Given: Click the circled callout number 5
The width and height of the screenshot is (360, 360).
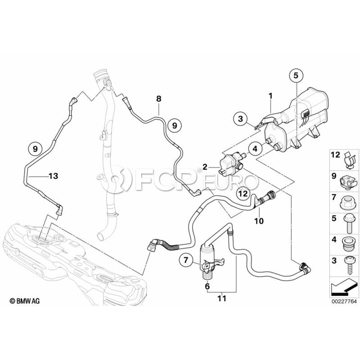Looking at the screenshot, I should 296,75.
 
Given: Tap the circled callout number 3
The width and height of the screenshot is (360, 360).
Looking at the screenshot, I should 240,119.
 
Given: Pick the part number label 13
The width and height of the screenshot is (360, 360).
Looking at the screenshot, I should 53,176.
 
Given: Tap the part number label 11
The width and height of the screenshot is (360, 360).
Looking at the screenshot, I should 222,298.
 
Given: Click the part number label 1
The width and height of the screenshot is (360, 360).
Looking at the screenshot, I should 271,96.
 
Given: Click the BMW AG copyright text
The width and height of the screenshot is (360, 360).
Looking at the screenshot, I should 25,300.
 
